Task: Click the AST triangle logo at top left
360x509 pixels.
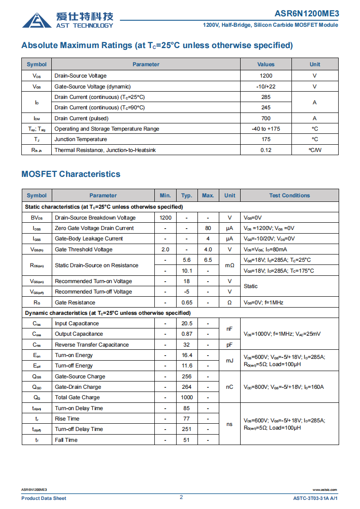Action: [x=37, y=20]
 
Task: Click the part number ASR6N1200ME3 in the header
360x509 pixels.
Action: [x=306, y=14]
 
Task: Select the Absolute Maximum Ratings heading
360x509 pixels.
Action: [x=157, y=45]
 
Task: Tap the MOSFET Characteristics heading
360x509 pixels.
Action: [x=71, y=174]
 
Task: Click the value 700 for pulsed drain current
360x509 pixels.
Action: [x=266, y=118]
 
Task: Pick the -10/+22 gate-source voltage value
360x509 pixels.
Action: [x=266, y=87]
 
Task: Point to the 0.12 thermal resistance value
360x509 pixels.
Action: [x=266, y=150]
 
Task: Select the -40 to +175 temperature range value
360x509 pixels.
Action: [x=266, y=129]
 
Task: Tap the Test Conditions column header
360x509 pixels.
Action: [x=289, y=196]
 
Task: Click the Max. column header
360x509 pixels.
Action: [x=208, y=196]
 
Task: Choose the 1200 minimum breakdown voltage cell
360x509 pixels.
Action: [x=165, y=218]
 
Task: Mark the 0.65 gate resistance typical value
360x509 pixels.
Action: [x=187, y=303]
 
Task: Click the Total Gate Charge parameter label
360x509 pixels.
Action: [x=77, y=397]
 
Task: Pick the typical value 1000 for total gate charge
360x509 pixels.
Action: [x=187, y=397]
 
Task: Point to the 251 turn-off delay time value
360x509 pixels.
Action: [x=187, y=429]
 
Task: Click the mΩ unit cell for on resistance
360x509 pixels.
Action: [x=230, y=265]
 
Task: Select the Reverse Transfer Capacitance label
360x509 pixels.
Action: [x=92, y=345]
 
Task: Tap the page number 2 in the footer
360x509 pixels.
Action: [x=181, y=497]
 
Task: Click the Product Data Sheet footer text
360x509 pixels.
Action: [x=44, y=498]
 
